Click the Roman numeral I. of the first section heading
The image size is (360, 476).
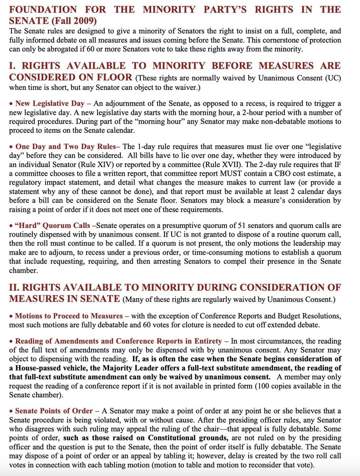coord(13,66)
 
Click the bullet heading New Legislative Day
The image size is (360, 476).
coord(50,103)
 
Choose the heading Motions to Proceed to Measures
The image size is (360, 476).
coord(69,316)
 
